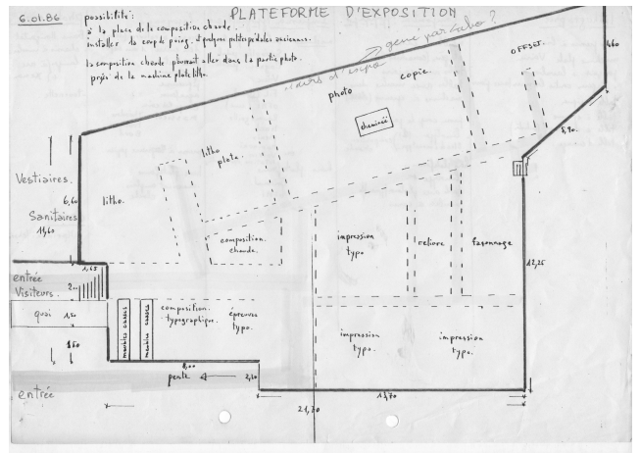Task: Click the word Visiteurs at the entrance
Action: (x=34, y=290)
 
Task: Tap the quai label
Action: (x=39, y=315)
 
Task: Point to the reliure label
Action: (x=430, y=241)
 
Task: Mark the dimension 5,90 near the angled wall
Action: (x=566, y=128)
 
